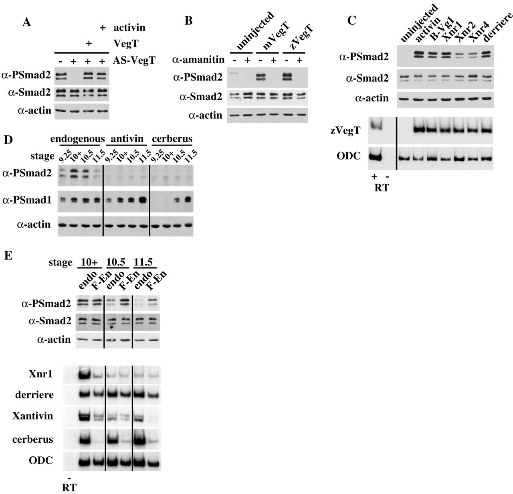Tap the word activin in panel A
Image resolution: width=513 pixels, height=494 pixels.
[x=129, y=28]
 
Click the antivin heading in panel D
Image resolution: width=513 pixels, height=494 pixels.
[x=127, y=139]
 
